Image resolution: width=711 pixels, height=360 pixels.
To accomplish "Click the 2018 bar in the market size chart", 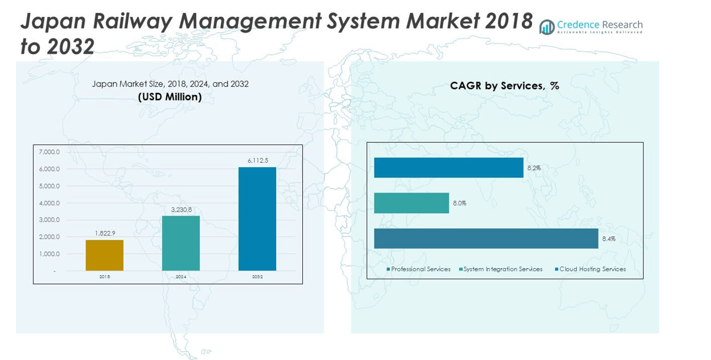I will (x=104, y=255).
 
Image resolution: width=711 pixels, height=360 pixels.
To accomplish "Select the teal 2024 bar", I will (x=181, y=243).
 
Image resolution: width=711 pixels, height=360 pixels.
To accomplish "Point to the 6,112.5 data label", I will (x=257, y=161).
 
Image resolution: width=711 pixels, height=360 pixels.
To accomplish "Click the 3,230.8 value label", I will (x=181, y=209).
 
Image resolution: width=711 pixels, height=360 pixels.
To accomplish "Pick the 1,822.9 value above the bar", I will (x=104, y=233).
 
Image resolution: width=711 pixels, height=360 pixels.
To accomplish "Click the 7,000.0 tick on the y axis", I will (x=49, y=152).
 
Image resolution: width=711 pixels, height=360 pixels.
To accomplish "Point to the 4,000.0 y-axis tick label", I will (x=49, y=203).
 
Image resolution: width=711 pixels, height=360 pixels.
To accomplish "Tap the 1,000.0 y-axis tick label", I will (x=49, y=254).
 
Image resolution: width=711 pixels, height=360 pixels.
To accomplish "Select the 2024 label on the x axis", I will (x=181, y=276).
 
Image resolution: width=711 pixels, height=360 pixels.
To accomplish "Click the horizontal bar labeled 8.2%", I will (x=448, y=167).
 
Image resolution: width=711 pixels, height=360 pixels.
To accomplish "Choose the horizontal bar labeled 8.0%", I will (x=411, y=203).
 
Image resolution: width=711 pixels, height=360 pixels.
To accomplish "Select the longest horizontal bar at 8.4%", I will (x=486, y=239).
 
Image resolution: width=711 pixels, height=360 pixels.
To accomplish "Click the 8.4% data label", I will (x=609, y=239).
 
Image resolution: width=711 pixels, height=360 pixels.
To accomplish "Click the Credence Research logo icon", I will (x=547, y=27).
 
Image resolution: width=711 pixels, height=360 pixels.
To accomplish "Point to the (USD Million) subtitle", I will (x=170, y=97).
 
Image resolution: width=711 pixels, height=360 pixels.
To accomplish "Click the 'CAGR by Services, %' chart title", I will (x=504, y=86).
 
